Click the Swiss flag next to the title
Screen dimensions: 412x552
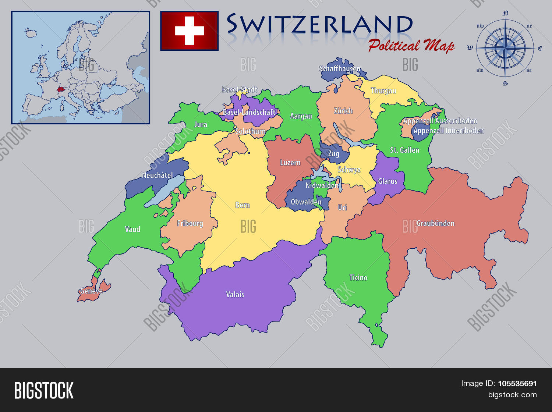pyautogui.click(x=189, y=31)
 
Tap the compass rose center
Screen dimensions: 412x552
pyautogui.click(x=505, y=48)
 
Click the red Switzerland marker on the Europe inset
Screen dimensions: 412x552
pyautogui.click(x=60, y=89)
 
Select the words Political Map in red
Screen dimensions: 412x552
pyautogui.click(x=411, y=46)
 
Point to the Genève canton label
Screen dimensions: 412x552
pyautogui.click(x=91, y=291)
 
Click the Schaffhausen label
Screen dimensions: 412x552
pyautogui.click(x=340, y=68)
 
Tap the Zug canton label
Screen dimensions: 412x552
pyautogui.click(x=333, y=154)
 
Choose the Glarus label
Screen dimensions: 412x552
pyautogui.click(x=388, y=181)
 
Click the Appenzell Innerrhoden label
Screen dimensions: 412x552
pyautogui.click(x=448, y=131)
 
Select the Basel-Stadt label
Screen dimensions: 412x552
pyautogui.click(x=240, y=89)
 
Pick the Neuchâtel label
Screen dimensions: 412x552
pyautogui.click(x=157, y=175)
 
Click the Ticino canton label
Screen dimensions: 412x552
pyautogui.click(x=358, y=277)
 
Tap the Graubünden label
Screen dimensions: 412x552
pyautogui.click(x=435, y=223)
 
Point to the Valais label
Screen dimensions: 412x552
pyautogui.click(x=235, y=294)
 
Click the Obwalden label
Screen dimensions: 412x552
pyautogui.click(x=306, y=202)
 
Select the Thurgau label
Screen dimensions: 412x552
pyautogui.click(x=383, y=90)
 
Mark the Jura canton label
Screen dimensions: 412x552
pyautogui.click(x=201, y=124)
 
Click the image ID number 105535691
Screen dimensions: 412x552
pyautogui.click(x=517, y=383)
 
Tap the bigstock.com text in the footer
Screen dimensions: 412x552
pyautogui.click(x=512, y=395)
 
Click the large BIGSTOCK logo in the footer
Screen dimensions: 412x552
pyautogui.click(x=44, y=390)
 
